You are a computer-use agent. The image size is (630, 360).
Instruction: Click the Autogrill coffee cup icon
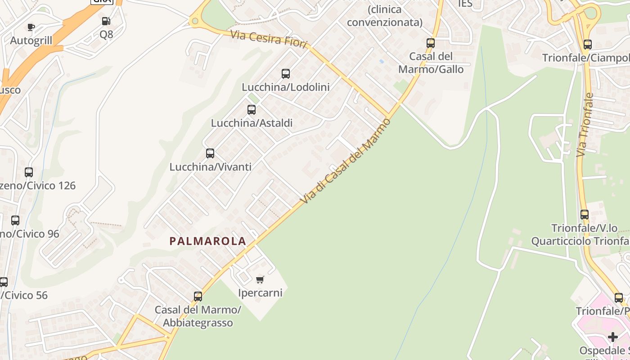point(31,27)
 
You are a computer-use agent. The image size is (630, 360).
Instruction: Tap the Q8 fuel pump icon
point(106,21)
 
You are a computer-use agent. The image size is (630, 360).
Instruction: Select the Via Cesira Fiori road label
point(269,39)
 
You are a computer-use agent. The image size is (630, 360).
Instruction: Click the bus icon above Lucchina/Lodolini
point(286,74)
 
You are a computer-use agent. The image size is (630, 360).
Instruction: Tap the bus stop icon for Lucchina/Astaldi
point(252,109)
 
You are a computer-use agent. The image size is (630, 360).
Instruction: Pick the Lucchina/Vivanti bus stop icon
point(210,153)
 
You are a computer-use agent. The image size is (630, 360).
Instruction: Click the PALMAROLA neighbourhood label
point(208,241)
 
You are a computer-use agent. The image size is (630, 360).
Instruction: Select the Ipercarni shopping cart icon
point(260,280)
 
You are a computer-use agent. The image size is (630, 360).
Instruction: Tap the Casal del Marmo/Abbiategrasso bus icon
point(198,297)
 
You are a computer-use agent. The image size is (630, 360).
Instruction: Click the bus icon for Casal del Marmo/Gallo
point(431,43)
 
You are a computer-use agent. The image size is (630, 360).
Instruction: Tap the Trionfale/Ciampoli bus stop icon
point(587,45)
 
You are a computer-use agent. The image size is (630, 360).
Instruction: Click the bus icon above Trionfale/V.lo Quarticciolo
point(585,215)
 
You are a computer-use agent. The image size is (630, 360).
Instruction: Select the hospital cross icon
point(613,337)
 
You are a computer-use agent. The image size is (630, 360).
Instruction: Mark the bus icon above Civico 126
point(29,172)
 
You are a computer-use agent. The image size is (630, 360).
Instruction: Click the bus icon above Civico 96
point(15,220)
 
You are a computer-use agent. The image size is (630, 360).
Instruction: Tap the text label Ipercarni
point(260,293)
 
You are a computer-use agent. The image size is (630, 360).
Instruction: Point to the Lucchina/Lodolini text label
point(286,87)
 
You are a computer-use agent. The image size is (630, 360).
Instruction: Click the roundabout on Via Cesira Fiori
point(195,20)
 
